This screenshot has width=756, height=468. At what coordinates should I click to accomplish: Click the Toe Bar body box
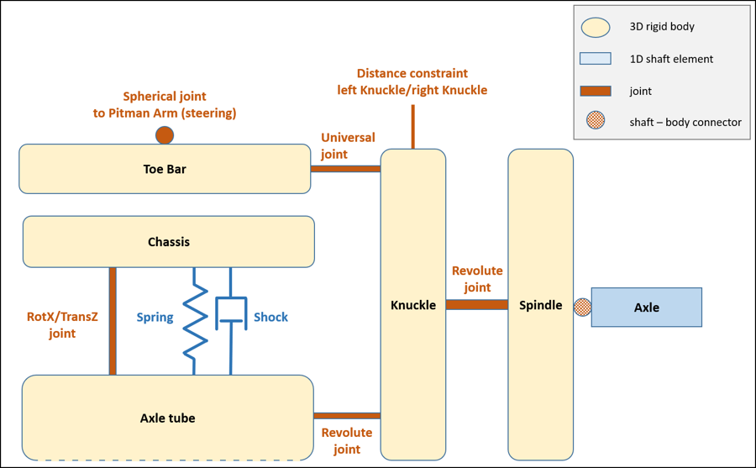(x=165, y=169)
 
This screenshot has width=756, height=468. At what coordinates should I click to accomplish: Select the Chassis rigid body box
(x=169, y=242)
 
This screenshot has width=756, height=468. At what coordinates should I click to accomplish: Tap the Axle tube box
(x=168, y=418)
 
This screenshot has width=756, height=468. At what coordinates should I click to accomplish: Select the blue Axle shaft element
(x=647, y=308)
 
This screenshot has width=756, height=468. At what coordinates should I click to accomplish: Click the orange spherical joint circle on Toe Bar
(x=165, y=134)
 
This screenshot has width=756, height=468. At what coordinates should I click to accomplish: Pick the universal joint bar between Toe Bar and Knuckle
(x=345, y=169)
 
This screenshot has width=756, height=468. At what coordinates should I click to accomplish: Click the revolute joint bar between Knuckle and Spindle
(x=476, y=304)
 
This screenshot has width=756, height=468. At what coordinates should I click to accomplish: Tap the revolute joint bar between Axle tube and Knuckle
(x=347, y=415)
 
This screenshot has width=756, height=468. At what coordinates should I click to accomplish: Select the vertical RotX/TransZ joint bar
(x=112, y=321)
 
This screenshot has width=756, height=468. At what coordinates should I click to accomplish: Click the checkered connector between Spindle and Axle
(x=582, y=308)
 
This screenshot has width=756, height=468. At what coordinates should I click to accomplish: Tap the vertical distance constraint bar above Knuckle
(x=413, y=127)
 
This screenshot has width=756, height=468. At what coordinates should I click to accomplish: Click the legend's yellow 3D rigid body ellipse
(x=595, y=27)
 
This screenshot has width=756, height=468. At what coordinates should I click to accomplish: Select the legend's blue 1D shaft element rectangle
(x=595, y=59)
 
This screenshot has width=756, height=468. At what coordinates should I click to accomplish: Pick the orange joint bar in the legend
(x=595, y=91)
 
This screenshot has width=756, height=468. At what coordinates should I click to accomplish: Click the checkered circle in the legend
(x=596, y=122)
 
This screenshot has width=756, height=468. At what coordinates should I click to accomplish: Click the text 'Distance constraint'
(x=412, y=74)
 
